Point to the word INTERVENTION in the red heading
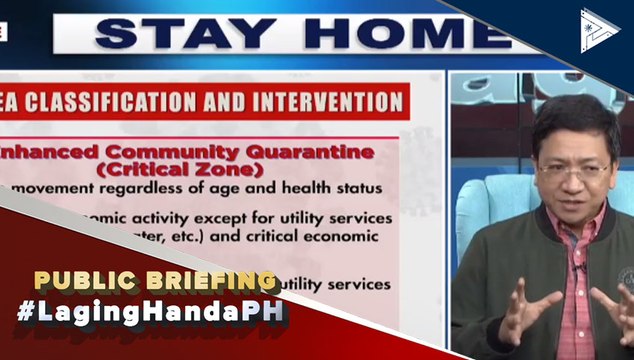click(330, 101)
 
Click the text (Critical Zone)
click(188, 169)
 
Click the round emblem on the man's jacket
click(625, 277)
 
